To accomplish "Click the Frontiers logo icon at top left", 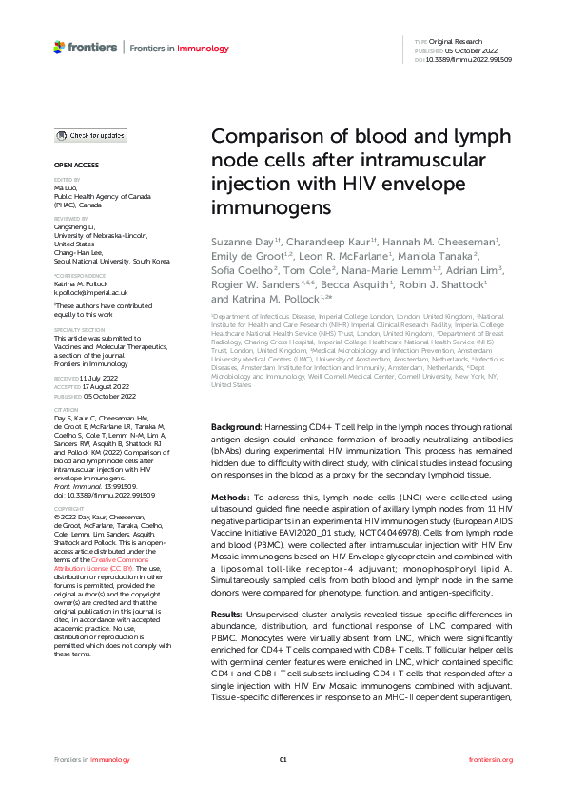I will tap(61, 47).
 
